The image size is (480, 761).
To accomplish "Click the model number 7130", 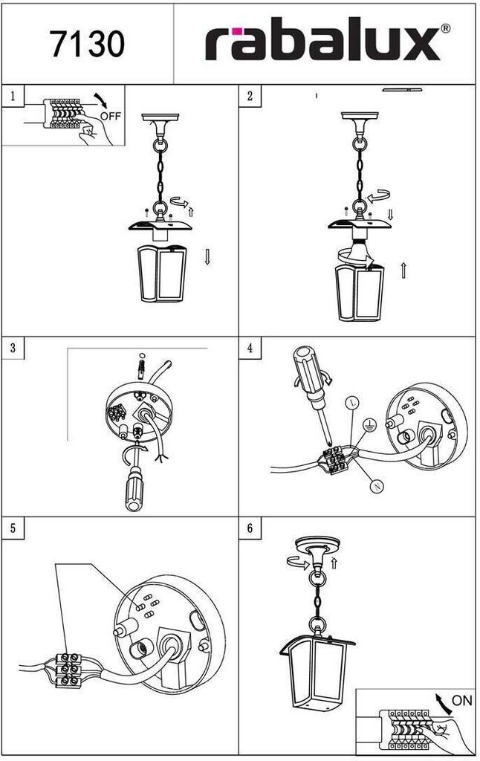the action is point(87,44).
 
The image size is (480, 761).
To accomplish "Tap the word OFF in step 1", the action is point(110,116).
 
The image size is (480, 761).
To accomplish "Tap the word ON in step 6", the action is point(461,701).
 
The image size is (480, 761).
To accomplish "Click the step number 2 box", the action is point(250,95).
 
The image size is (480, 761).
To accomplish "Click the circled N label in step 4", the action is point(377,487).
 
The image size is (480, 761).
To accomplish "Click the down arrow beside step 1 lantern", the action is point(207,258).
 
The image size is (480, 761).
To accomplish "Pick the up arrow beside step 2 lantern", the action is point(403,269).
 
